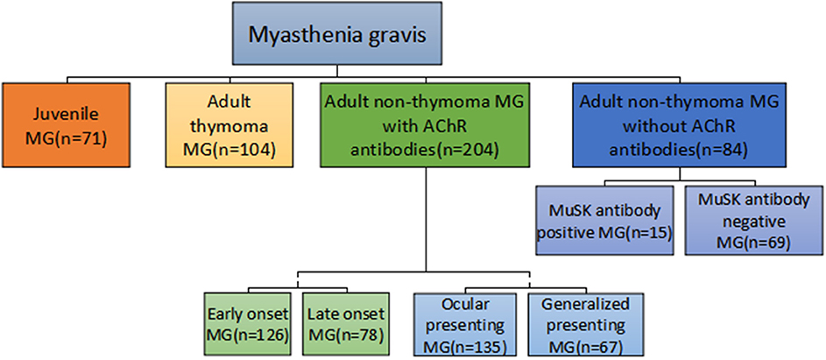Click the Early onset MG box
pos(248,324)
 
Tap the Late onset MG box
pos(346,324)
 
